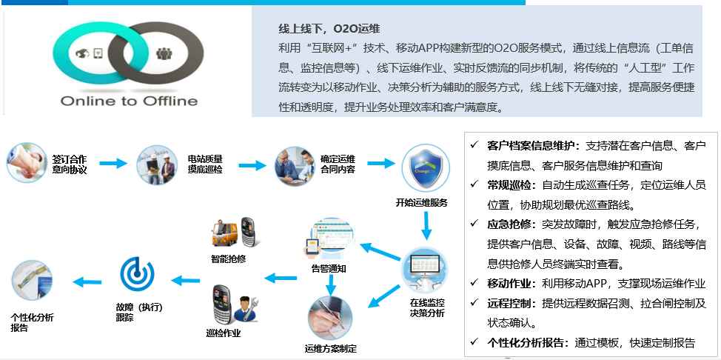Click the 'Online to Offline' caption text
click(x=129, y=101)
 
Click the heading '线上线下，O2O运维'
click(x=329, y=29)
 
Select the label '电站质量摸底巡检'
click(x=205, y=164)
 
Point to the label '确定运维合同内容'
click(x=342, y=164)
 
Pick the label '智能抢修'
click(x=228, y=260)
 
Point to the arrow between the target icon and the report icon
click(x=86, y=281)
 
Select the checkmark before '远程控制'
click(x=474, y=303)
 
